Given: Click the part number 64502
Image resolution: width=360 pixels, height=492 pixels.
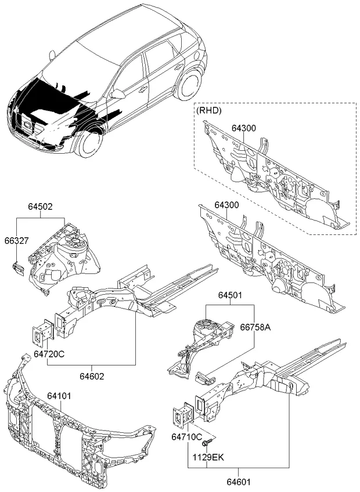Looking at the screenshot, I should [x=40, y=205].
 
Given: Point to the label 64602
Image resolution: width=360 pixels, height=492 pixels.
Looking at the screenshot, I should [x=92, y=377].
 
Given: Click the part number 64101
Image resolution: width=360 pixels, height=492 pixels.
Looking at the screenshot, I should [x=59, y=396].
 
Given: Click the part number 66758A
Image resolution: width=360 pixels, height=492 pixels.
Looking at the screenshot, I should [x=256, y=328].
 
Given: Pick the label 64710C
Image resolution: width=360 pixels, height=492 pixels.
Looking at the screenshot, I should [x=186, y=436].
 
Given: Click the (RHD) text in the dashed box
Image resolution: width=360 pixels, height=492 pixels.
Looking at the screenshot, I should [x=208, y=110].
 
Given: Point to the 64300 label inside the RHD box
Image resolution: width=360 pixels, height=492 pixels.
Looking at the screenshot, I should [x=243, y=128].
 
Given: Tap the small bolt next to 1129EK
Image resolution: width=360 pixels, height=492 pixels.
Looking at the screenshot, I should [x=207, y=444].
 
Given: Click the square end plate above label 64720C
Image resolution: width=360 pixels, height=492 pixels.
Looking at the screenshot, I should [x=41, y=332].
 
